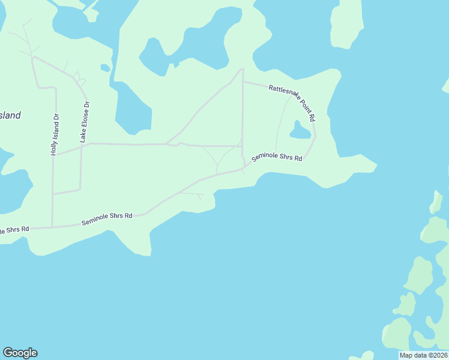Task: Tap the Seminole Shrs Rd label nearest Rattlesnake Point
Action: point(276,158)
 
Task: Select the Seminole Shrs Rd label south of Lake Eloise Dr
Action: point(106,219)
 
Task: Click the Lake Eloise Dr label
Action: point(85,122)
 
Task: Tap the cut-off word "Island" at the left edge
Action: point(10,116)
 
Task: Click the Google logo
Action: point(20,353)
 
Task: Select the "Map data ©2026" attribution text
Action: point(423,355)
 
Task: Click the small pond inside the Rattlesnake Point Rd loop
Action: point(300,130)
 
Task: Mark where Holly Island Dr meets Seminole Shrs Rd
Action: point(52,227)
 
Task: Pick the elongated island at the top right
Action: point(346,24)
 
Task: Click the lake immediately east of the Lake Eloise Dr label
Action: point(132,108)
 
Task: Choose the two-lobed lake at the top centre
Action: point(192,45)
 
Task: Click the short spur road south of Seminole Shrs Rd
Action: point(192,194)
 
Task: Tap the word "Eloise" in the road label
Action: point(85,115)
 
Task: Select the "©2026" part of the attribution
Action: point(435,355)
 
